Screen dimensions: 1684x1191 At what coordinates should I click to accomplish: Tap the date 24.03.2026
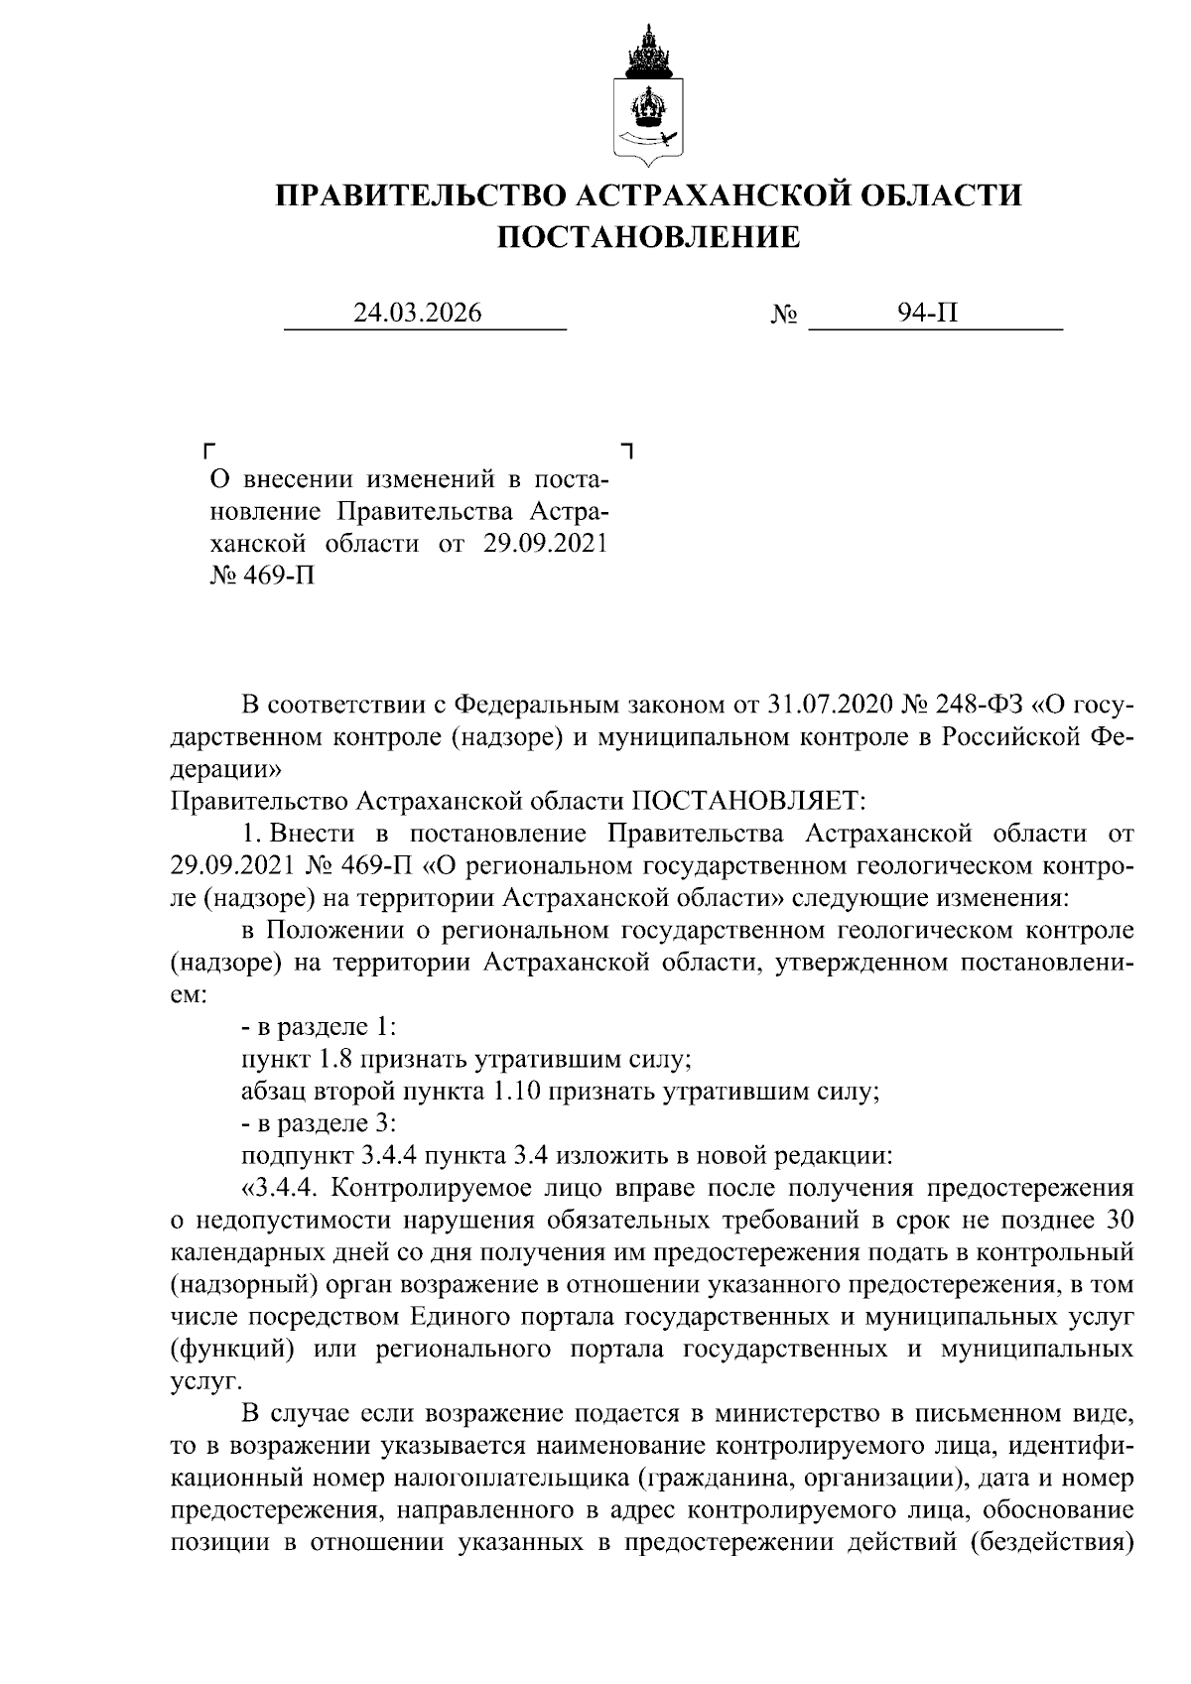coord(419,314)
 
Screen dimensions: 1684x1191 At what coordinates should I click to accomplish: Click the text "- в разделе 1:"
coord(319,1028)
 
